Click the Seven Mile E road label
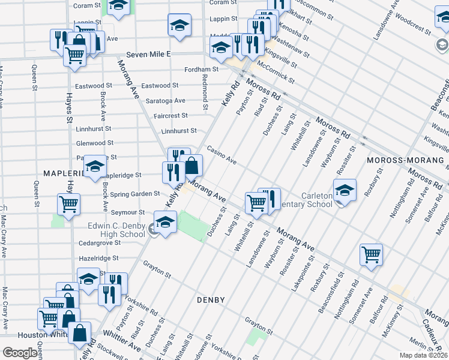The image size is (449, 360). [152, 54]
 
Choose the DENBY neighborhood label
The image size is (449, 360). [210, 299]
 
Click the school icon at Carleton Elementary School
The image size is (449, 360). [345, 191]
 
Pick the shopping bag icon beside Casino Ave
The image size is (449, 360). [191, 165]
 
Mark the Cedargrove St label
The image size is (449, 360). [100, 243]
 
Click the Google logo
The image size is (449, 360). [19, 353]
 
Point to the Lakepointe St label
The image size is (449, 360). [302, 272]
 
